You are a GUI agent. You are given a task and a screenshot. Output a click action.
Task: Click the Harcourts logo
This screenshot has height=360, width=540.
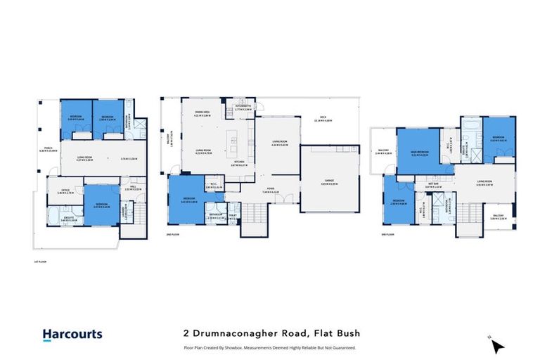coord(72,335)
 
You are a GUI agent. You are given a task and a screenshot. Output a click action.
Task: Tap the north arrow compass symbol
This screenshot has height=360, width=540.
coord(498,347)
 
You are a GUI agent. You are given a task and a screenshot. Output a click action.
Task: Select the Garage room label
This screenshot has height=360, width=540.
coord(324,182)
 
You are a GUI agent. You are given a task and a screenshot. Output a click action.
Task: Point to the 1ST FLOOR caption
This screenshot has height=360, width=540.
coord(39,262)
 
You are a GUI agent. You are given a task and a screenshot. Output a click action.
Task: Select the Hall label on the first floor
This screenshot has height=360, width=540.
coord(133,187)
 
